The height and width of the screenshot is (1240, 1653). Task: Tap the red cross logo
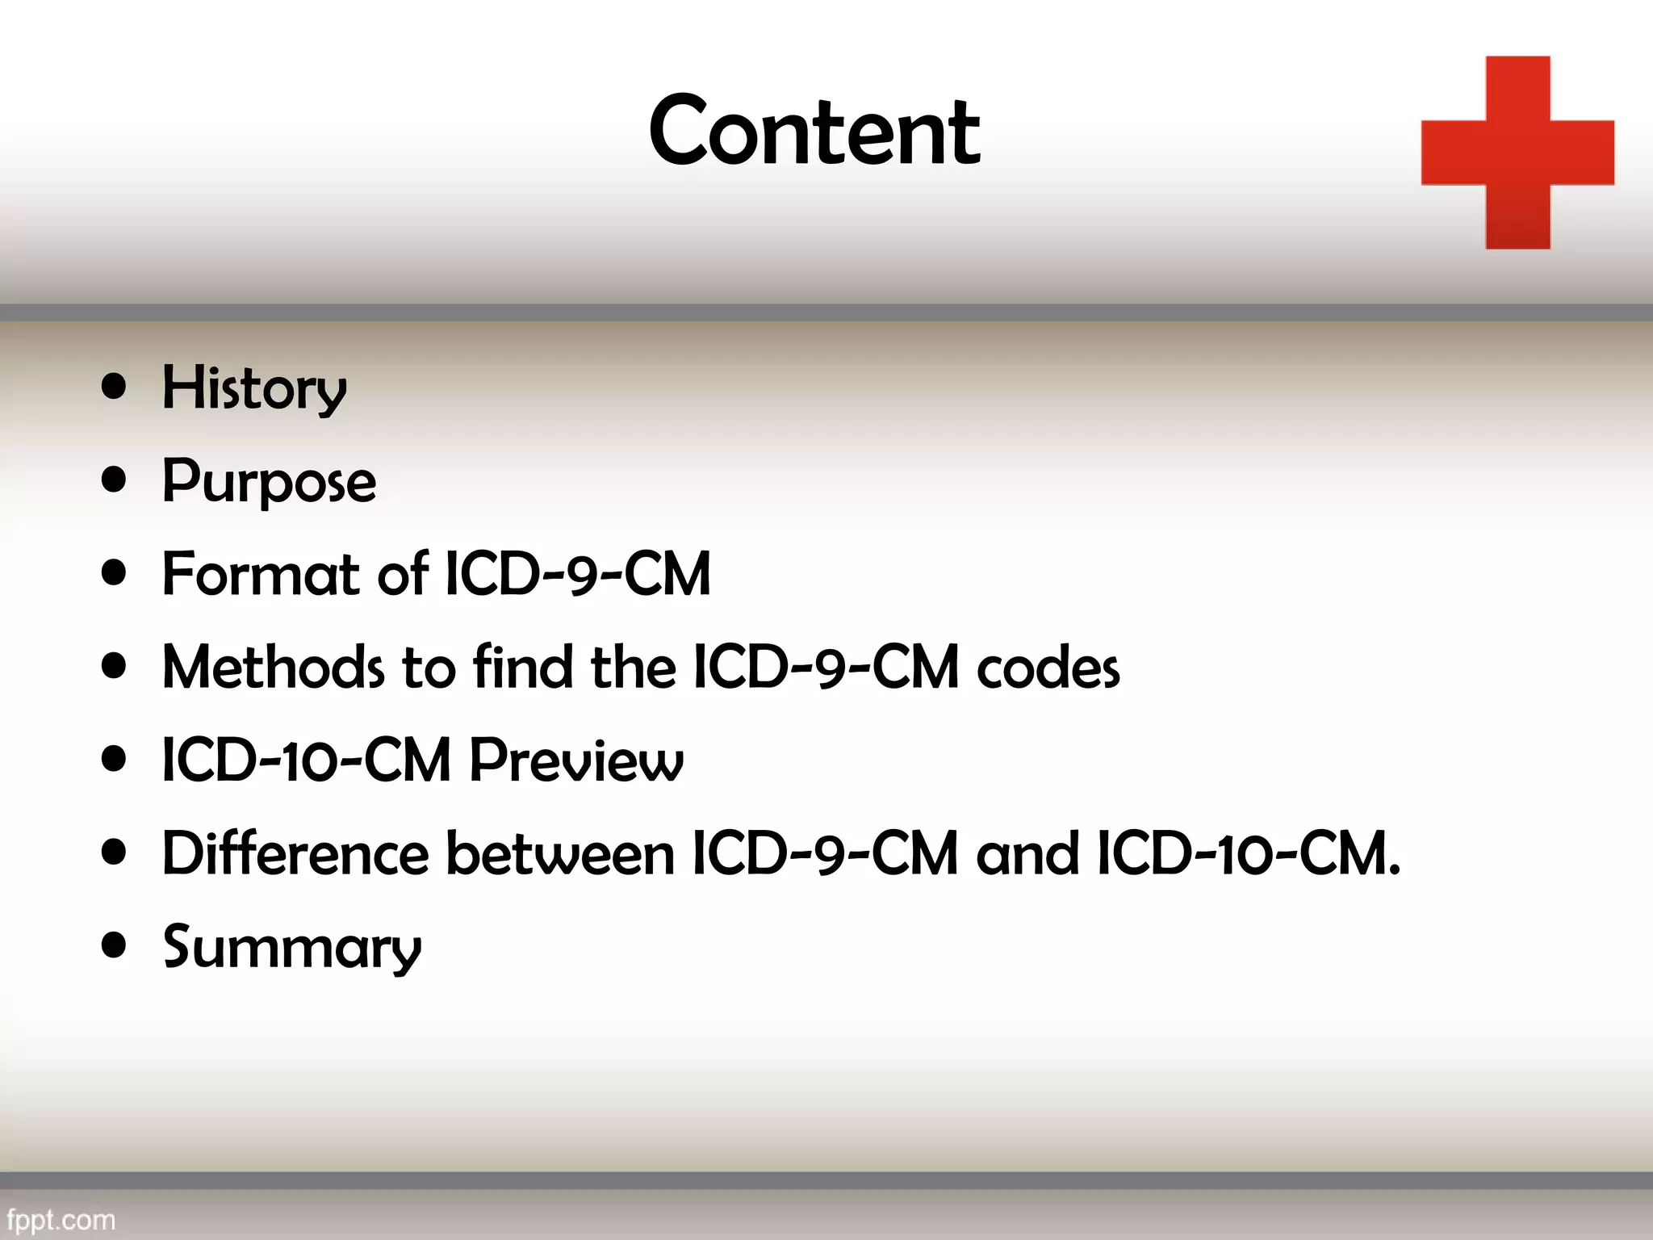pyautogui.click(x=1517, y=152)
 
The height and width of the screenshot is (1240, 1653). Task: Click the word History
pyautogui.click(x=254, y=388)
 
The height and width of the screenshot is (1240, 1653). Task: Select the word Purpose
pyautogui.click(x=269, y=482)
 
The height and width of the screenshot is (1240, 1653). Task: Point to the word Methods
pyautogui.click(x=273, y=668)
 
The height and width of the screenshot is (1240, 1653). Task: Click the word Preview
pyautogui.click(x=576, y=760)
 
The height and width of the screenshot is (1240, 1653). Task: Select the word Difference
pyautogui.click(x=295, y=853)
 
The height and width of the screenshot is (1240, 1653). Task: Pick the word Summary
pyautogui.click(x=291, y=948)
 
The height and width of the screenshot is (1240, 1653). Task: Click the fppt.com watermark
pyautogui.click(x=61, y=1219)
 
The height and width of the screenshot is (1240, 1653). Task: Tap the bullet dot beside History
pyautogui.click(x=115, y=387)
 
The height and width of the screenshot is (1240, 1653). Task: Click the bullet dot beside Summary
pyautogui.click(x=115, y=945)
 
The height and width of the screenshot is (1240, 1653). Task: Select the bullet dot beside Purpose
pyautogui.click(x=115, y=480)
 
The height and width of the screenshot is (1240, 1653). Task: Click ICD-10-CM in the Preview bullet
pyautogui.click(x=306, y=760)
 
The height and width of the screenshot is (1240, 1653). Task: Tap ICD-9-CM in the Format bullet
pyautogui.click(x=578, y=574)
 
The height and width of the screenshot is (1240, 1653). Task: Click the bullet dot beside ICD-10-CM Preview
pyautogui.click(x=115, y=759)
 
